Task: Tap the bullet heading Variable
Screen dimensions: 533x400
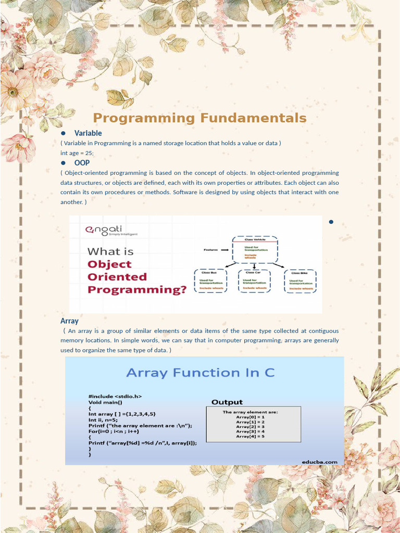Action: point(88,133)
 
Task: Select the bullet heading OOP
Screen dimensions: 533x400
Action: point(82,163)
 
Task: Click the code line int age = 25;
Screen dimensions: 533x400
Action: point(77,153)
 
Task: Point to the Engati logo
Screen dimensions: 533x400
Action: point(108,231)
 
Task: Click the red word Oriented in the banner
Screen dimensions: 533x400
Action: point(117,277)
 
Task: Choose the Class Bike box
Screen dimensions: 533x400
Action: point(301,281)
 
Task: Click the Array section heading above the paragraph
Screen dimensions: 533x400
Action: point(69,321)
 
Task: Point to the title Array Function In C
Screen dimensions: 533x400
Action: point(201,373)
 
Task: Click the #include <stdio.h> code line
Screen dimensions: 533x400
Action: point(115,396)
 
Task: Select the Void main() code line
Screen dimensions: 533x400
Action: point(105,402)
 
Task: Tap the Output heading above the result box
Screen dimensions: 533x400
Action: point(227,402)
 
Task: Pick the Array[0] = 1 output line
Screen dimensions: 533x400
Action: point(251,417)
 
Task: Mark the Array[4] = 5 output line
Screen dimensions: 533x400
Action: point(251,436)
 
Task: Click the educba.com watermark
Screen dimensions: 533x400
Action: point(319,462)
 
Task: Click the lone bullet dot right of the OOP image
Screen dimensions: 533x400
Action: point(331,222)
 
